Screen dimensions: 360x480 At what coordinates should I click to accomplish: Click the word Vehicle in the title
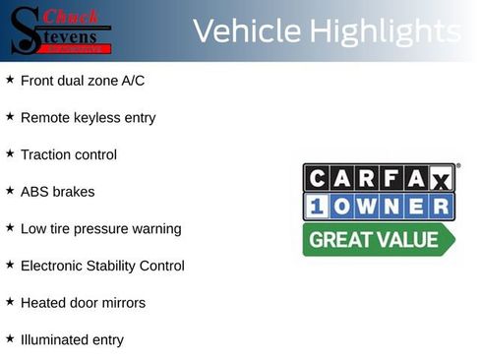(x=247, y=32)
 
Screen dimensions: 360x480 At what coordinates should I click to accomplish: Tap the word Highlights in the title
(x=385, y=32)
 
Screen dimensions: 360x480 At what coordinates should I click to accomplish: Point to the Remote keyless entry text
(x=88, y=118)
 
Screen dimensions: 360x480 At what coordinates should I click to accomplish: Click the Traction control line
(x=68, y=154)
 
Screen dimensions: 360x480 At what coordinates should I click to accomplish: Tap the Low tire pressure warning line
(x=100, y=229)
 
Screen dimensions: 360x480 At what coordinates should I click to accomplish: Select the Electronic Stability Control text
(x=102, y=266)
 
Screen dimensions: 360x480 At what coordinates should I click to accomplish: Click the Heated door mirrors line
(x=83, y=303)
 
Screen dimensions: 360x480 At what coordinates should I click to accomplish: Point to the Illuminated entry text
(x=72, y=340)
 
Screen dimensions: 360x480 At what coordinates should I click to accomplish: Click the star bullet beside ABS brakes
(x=10, y=191)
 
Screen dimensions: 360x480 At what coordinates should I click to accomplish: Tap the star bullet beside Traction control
(x=10, y=153)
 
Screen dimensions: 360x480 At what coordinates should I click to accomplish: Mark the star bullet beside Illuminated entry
(x=10, y=339)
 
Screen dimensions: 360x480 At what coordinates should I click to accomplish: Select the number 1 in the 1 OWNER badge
(x=317, y=207)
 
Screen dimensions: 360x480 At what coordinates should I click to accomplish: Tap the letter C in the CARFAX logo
(x=317, y=178)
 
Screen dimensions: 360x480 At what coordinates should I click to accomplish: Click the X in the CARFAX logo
(x=441, y=179)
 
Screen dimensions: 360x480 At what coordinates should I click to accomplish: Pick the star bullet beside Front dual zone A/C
(x=10, y=80)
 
